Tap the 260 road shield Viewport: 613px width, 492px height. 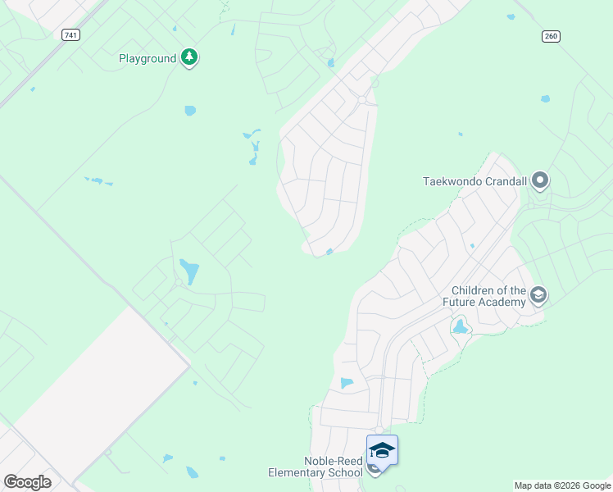tap(550, 35)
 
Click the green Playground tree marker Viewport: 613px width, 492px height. tap(190, 57)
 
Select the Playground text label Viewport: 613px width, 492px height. tap(148, 59)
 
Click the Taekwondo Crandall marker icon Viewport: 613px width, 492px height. tap(539, 180)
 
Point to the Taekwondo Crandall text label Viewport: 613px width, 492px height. tap(475, 181)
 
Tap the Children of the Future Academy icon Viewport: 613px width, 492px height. tap(538, 295)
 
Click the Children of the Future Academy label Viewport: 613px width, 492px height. tap(488, 297)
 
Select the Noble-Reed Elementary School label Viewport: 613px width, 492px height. tap(316, 467)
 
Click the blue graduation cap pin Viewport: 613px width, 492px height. tap(382, 450)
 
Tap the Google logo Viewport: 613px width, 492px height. tap(27, 481)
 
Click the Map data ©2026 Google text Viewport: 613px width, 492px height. tap(562, 485)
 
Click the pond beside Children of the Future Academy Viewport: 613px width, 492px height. tap(460, 327)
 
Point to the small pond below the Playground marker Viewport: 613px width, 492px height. tap(190, 111)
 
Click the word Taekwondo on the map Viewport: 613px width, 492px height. tap(450, 181)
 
